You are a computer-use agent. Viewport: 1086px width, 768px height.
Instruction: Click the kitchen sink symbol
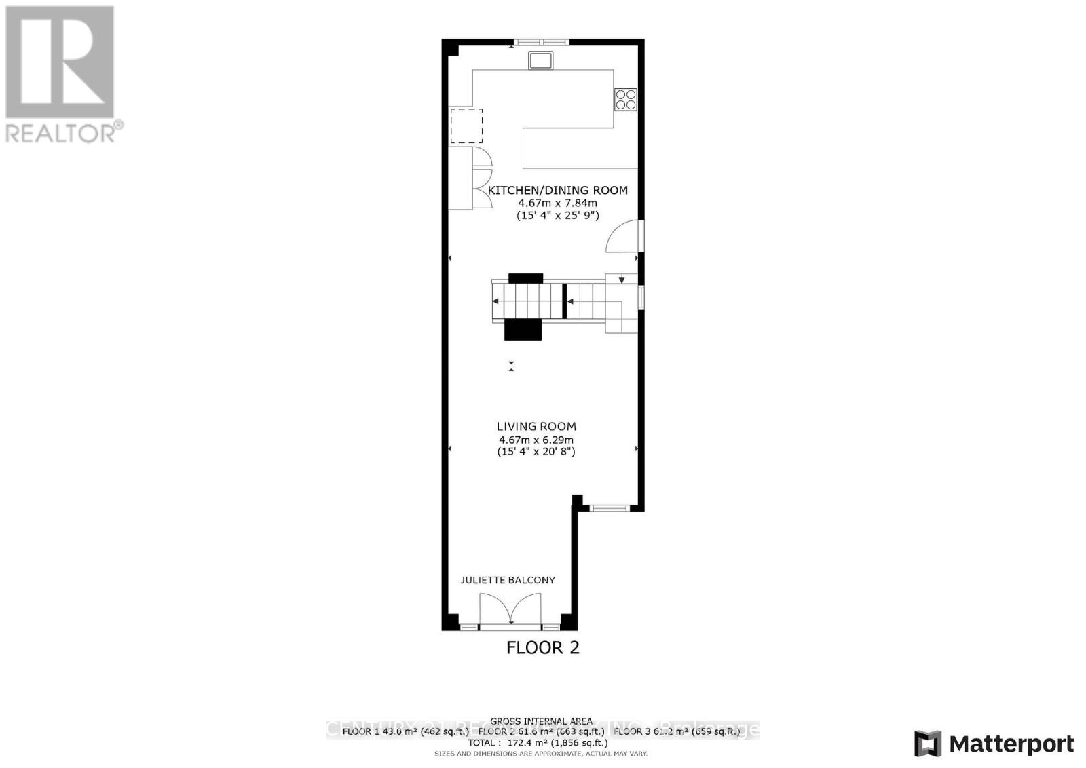tap(541, 61)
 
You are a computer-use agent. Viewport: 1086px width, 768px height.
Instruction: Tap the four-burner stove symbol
tap(625, 100)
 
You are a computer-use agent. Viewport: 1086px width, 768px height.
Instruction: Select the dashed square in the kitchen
tap(466, 126)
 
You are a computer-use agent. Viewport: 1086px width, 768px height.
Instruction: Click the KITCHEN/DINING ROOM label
tap(558, 190)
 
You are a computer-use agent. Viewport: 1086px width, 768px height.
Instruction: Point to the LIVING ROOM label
tap(536, 427)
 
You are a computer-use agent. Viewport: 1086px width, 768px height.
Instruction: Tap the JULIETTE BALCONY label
tap(508, 580)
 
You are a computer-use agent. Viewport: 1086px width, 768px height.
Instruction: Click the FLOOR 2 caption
tap(543, 648)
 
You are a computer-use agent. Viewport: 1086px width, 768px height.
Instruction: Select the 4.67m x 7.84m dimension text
tap(558, 203)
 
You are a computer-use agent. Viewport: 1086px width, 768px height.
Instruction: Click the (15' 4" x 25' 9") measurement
tap(558, 216)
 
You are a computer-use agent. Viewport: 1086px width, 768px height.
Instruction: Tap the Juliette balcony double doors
tap(510, 609)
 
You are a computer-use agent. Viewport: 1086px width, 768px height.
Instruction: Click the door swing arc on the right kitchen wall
tap(623, 237)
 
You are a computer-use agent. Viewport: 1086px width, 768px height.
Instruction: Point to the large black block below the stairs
tap(523, 329)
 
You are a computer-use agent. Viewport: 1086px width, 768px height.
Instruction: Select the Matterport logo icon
tap(928, 744)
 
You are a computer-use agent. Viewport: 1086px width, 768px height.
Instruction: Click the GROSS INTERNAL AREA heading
tap(541, 721)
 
